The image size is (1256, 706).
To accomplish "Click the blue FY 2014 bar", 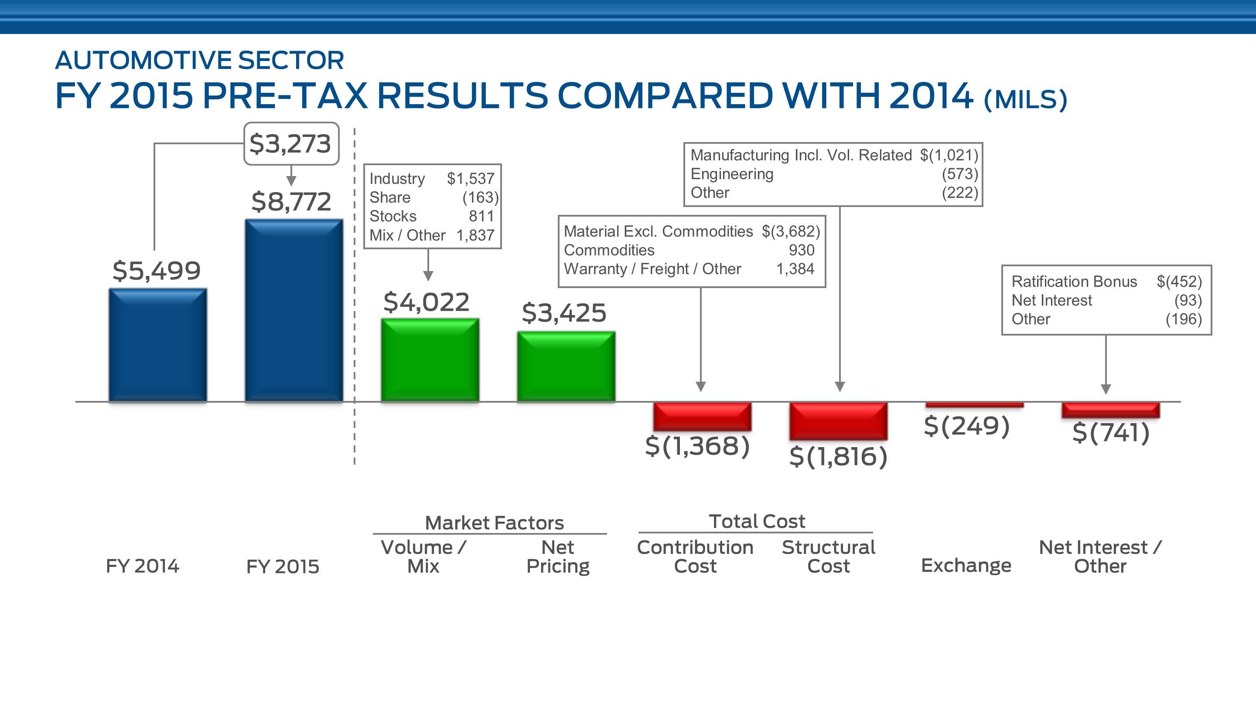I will pos(157,345).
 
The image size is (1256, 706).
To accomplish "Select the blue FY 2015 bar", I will pos(294,310).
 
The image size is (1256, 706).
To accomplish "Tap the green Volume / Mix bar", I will pos(430,360).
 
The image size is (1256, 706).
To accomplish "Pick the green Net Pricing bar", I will pos(566,367).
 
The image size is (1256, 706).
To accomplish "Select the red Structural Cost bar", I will pos(838,421).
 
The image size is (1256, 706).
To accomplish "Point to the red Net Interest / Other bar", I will pos(1111,410).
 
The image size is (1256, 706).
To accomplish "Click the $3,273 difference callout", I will pos(291,144).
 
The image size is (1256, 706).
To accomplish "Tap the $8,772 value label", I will pos(291,201).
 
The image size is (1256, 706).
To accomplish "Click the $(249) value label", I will pos(966,426).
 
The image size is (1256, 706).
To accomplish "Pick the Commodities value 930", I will pos(801,250).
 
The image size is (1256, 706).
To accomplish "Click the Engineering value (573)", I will pos(959,174).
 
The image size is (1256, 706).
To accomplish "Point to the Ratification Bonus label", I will pos(1074,282).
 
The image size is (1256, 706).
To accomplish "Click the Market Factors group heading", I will pos(494,523).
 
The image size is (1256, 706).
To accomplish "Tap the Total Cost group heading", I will pos(756,521).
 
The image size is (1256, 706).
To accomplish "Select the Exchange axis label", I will pos(966,565).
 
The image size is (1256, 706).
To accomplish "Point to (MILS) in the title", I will pos(1025,99).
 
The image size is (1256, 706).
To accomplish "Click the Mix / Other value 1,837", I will pos(475,235).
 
